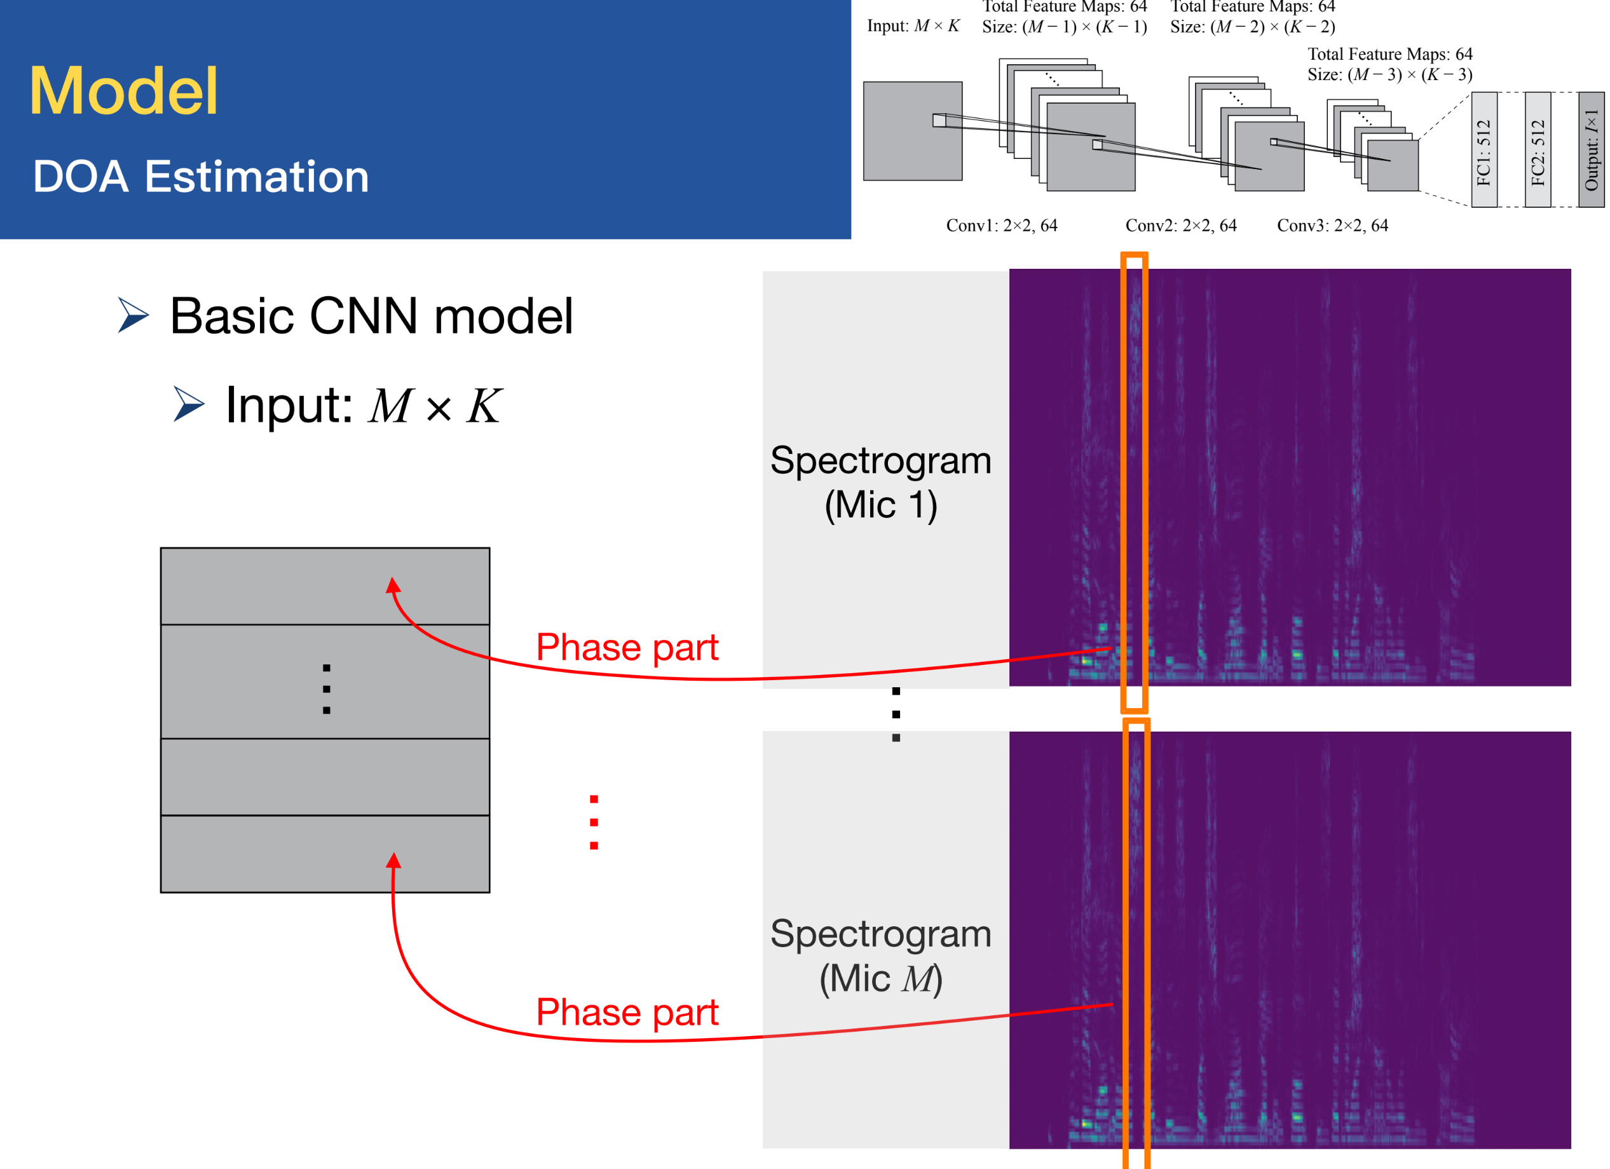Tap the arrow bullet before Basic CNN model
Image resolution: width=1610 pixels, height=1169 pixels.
[133, 315]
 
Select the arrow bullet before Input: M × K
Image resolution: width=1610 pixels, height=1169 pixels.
[189, 404]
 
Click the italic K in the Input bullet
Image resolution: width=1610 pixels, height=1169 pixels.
[484, 406]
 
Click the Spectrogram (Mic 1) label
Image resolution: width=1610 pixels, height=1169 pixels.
[880, 482]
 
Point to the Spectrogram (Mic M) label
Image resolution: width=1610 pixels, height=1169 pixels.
[880, 955]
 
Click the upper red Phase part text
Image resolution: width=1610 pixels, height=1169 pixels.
[627, 647]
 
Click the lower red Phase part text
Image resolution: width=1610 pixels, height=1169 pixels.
[627, 1012]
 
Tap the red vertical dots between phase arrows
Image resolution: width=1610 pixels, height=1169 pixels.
[594, 822]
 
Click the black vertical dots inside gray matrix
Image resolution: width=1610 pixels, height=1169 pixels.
[327, 688]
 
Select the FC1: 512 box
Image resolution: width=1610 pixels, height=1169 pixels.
[1484, 151]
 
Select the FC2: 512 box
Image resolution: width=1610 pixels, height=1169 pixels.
[1538, 151]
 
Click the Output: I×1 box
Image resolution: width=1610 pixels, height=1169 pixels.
[1591, 151]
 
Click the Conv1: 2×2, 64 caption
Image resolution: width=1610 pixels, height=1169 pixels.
[1002, 226]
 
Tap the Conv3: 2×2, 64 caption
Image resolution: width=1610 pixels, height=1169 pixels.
[1332, 226]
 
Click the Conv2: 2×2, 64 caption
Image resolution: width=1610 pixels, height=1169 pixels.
[1181, 226]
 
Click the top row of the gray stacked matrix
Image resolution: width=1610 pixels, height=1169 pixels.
[325, 586]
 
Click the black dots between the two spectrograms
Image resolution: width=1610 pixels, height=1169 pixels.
[896, 714]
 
